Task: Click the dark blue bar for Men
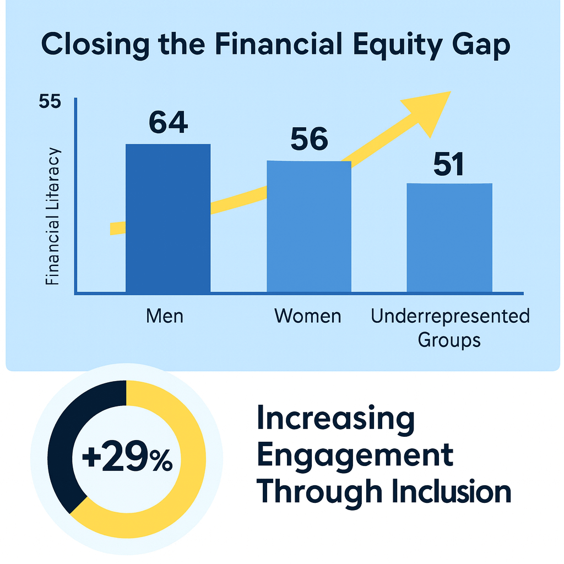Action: [x=168, y=218]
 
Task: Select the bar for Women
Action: [x=309, y=226]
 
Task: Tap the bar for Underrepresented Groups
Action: [x=449, y=238]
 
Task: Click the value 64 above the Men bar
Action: [x=169, y=122]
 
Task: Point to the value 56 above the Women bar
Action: [x=310, y=139]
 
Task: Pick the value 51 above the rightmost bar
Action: [x=448, y=164]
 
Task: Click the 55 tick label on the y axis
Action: [x=50, y=101]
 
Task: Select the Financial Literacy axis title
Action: [x=52, y=216]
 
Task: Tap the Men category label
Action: [x=165, y=316]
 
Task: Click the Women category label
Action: [x=308, y=316]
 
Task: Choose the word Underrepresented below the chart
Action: [x=451, y=316]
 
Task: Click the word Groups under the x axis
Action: [x=449, y=340]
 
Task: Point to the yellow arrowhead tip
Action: [x=451, y=91]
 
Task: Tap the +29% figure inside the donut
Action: [x=127, y=457]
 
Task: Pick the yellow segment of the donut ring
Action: [x=187, y=479]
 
